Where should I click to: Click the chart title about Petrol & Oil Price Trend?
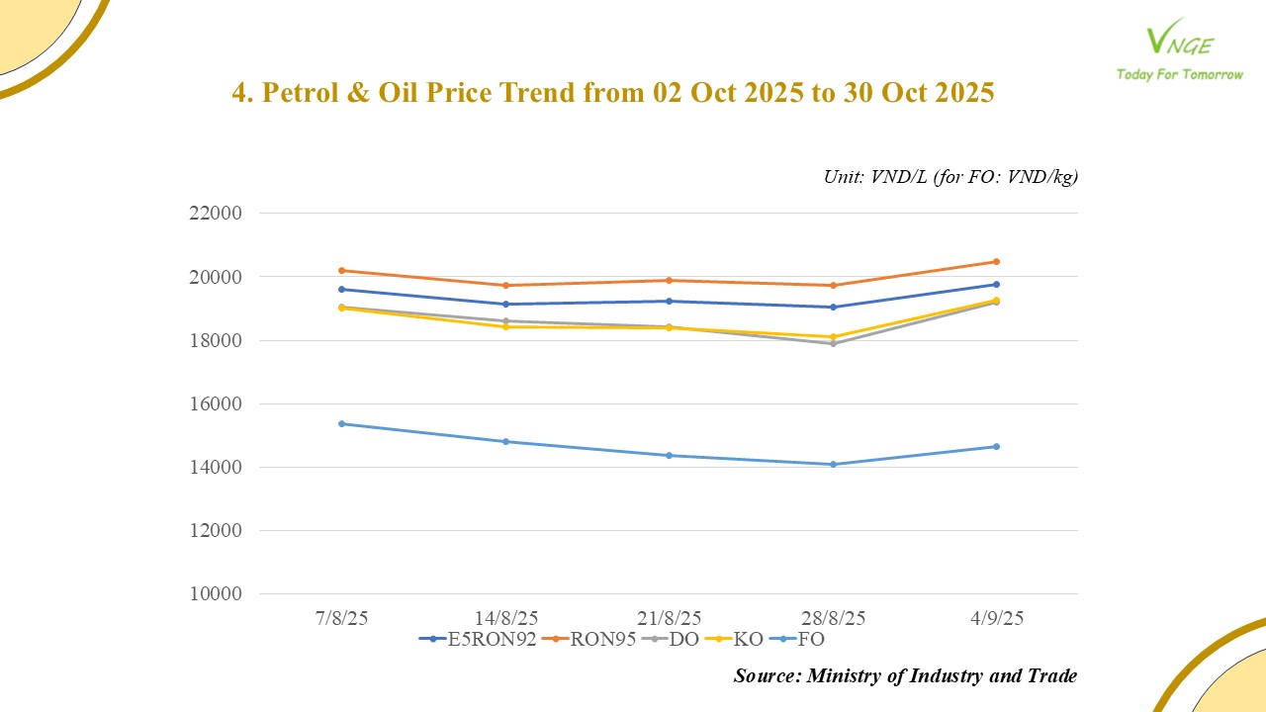point(612,93)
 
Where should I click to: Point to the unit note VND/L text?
point(950,177)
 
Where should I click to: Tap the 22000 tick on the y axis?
point(215,214)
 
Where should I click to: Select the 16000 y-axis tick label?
point(215,404)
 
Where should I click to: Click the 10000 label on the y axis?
point(215,594)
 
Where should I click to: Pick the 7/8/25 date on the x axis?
point(341,618)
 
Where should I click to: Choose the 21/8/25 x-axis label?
point(669,618)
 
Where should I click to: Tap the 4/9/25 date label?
point(996,618)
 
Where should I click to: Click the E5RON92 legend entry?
point(479,639)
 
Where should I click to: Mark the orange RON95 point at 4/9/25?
point(996,262)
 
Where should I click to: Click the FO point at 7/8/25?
point(341,423)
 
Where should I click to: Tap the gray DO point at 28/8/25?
point(833,343)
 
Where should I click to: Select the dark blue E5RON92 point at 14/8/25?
point(505,304)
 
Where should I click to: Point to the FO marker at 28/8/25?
point(833,464)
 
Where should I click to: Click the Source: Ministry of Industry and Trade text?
point(905,676)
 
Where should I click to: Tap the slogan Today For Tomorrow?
point(1179,74)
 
